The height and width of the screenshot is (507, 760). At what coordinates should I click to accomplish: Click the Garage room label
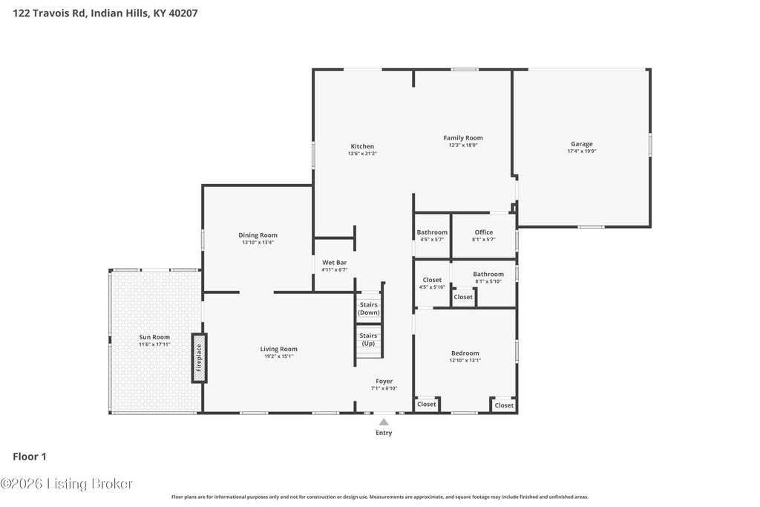[x=582, y=144]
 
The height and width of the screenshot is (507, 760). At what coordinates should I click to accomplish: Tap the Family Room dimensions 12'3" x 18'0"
[x=463, y=145]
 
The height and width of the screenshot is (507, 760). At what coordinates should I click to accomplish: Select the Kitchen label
[x=362, y=146]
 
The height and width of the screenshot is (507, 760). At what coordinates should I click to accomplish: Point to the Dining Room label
[x=258, y=235]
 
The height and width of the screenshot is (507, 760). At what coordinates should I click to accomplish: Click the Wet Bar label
[x=335, y=263]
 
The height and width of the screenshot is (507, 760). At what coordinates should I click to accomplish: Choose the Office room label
[x=484, y=232]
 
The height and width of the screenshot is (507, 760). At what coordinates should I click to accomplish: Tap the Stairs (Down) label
[x=368, y=308]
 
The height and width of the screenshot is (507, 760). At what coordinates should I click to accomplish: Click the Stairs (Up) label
[x=368, y=339]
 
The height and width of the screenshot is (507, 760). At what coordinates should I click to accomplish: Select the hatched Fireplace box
[x=199, y=359]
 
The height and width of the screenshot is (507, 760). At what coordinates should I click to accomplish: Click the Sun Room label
[x=154, y=337]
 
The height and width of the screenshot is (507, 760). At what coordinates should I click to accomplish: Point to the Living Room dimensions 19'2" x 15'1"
[x=279, y=356]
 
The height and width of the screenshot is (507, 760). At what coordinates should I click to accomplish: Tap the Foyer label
[x=384, y=382]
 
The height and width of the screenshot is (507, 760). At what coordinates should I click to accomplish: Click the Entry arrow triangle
[x=384, y=422]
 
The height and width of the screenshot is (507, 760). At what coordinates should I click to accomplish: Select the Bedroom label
[x=465, y=353]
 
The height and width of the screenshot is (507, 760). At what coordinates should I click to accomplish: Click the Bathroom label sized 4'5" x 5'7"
[x=433, y=232]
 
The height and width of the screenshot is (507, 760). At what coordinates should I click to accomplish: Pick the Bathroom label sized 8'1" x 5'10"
[x=488, y=275]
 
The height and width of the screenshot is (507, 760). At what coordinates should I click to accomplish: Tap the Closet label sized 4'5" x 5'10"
[x=432, y=280]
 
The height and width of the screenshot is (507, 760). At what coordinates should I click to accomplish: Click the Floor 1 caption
[x=30, y=457]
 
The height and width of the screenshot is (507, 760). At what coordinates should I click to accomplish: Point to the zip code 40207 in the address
[x=183, y=13]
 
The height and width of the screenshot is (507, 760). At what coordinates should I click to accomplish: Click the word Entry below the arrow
[x=384, y=433]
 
